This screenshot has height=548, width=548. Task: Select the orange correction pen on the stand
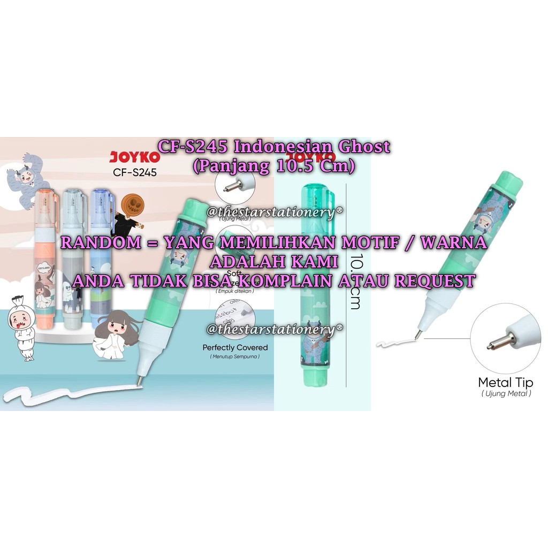[47, 257]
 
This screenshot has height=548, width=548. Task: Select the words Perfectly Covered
[235, 347]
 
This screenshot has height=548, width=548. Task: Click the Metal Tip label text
[506, 383]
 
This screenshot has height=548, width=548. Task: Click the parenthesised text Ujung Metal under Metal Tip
[506, 394]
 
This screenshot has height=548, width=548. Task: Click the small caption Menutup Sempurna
[235, 357]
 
